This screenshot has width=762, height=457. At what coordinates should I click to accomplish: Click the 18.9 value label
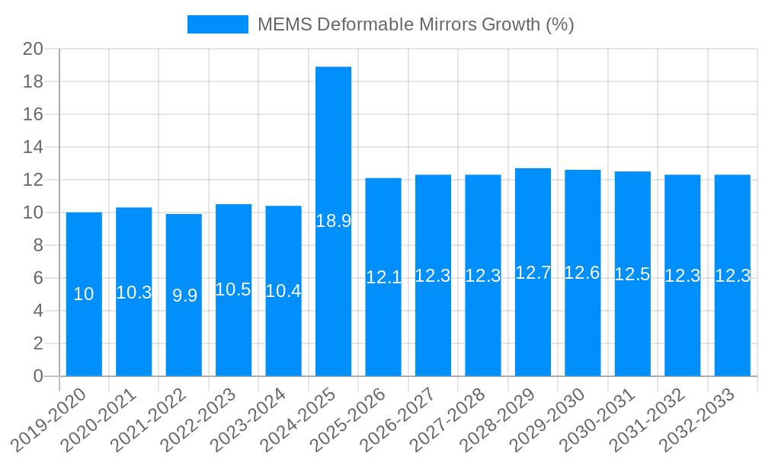point(333,221)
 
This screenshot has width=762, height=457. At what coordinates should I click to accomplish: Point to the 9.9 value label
point(184,296)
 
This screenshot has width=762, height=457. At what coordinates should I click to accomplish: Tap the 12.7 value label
point(533,273)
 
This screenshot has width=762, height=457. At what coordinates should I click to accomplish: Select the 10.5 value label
point(233,289)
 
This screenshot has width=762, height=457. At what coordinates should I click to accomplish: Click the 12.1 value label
point(383,277)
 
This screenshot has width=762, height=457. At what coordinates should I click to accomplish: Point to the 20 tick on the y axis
point(34,50)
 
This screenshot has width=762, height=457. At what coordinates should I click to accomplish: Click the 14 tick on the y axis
point(34,147)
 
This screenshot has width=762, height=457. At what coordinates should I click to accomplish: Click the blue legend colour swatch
point(218,24)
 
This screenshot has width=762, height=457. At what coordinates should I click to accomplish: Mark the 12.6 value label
point(582,273)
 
